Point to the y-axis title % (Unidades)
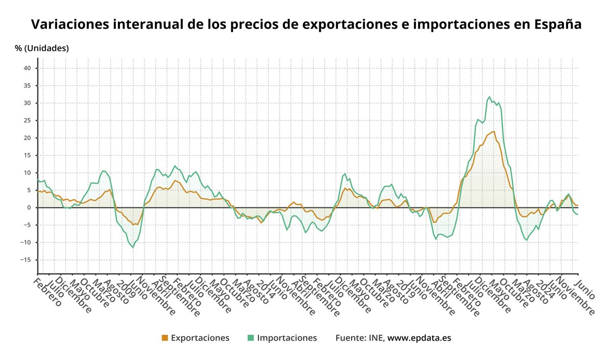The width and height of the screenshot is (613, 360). (41, 49)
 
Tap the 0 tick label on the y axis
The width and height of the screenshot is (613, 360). (29, 207)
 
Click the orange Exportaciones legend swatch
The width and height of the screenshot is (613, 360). (164, 338)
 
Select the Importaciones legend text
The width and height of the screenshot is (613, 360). (287, 338)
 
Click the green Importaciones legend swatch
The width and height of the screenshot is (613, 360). (251, 338)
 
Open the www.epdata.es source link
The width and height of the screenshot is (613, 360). (419, 338)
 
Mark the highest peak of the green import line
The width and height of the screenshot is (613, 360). (489, 97)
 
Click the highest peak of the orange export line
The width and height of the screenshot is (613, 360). (494, 131)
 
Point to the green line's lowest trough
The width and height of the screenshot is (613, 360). (134, 248)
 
